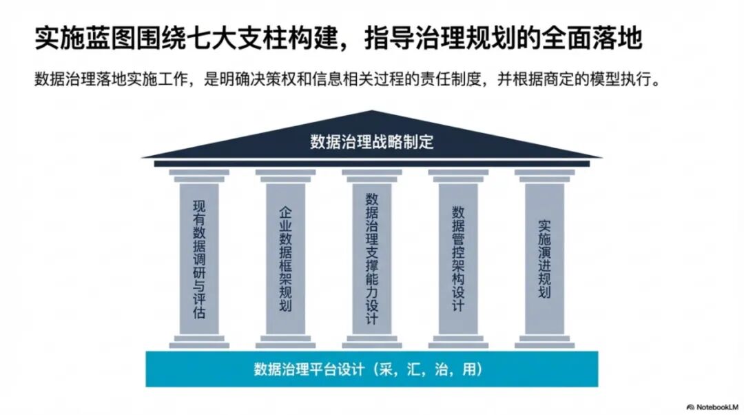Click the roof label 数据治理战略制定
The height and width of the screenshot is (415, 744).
tap(371, 143)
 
